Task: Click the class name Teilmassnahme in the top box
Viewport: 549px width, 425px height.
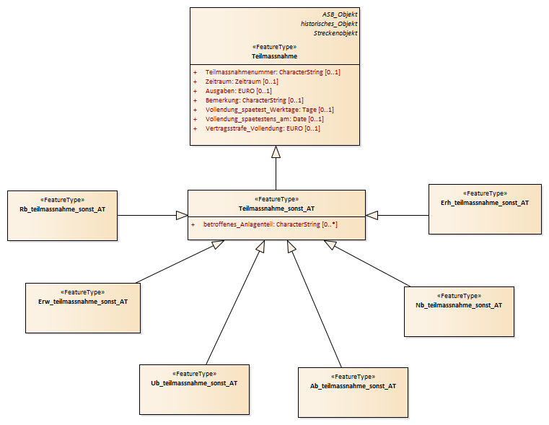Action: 274,56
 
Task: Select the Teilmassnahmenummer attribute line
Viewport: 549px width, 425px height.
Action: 273,72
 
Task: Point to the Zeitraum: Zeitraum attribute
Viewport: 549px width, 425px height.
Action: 242,82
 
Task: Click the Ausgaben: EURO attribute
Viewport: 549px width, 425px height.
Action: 239,91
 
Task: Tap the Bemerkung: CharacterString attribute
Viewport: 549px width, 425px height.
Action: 254,100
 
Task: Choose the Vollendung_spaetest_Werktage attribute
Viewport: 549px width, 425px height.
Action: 270,110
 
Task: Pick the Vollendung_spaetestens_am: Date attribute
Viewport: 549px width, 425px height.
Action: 264,119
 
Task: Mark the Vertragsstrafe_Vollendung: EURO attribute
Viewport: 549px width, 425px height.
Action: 263,128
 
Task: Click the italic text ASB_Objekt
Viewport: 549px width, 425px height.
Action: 340,14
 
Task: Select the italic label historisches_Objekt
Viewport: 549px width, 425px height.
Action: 329,24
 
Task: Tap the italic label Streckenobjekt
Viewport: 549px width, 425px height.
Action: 335,33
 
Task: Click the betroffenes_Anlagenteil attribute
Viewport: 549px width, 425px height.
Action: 270,224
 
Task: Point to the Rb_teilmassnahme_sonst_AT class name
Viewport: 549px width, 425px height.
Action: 62,209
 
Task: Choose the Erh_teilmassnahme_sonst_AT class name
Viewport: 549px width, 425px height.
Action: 485,203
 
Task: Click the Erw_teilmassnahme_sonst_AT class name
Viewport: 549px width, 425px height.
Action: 83,302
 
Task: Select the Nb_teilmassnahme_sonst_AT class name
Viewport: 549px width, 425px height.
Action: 459,305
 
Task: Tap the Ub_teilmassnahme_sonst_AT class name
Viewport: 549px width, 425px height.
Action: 194,383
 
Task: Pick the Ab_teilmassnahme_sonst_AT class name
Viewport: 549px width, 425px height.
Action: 353,386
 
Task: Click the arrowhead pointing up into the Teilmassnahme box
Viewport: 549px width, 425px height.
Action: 276,152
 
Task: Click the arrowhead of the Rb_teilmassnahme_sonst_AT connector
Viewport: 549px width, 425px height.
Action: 182,215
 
